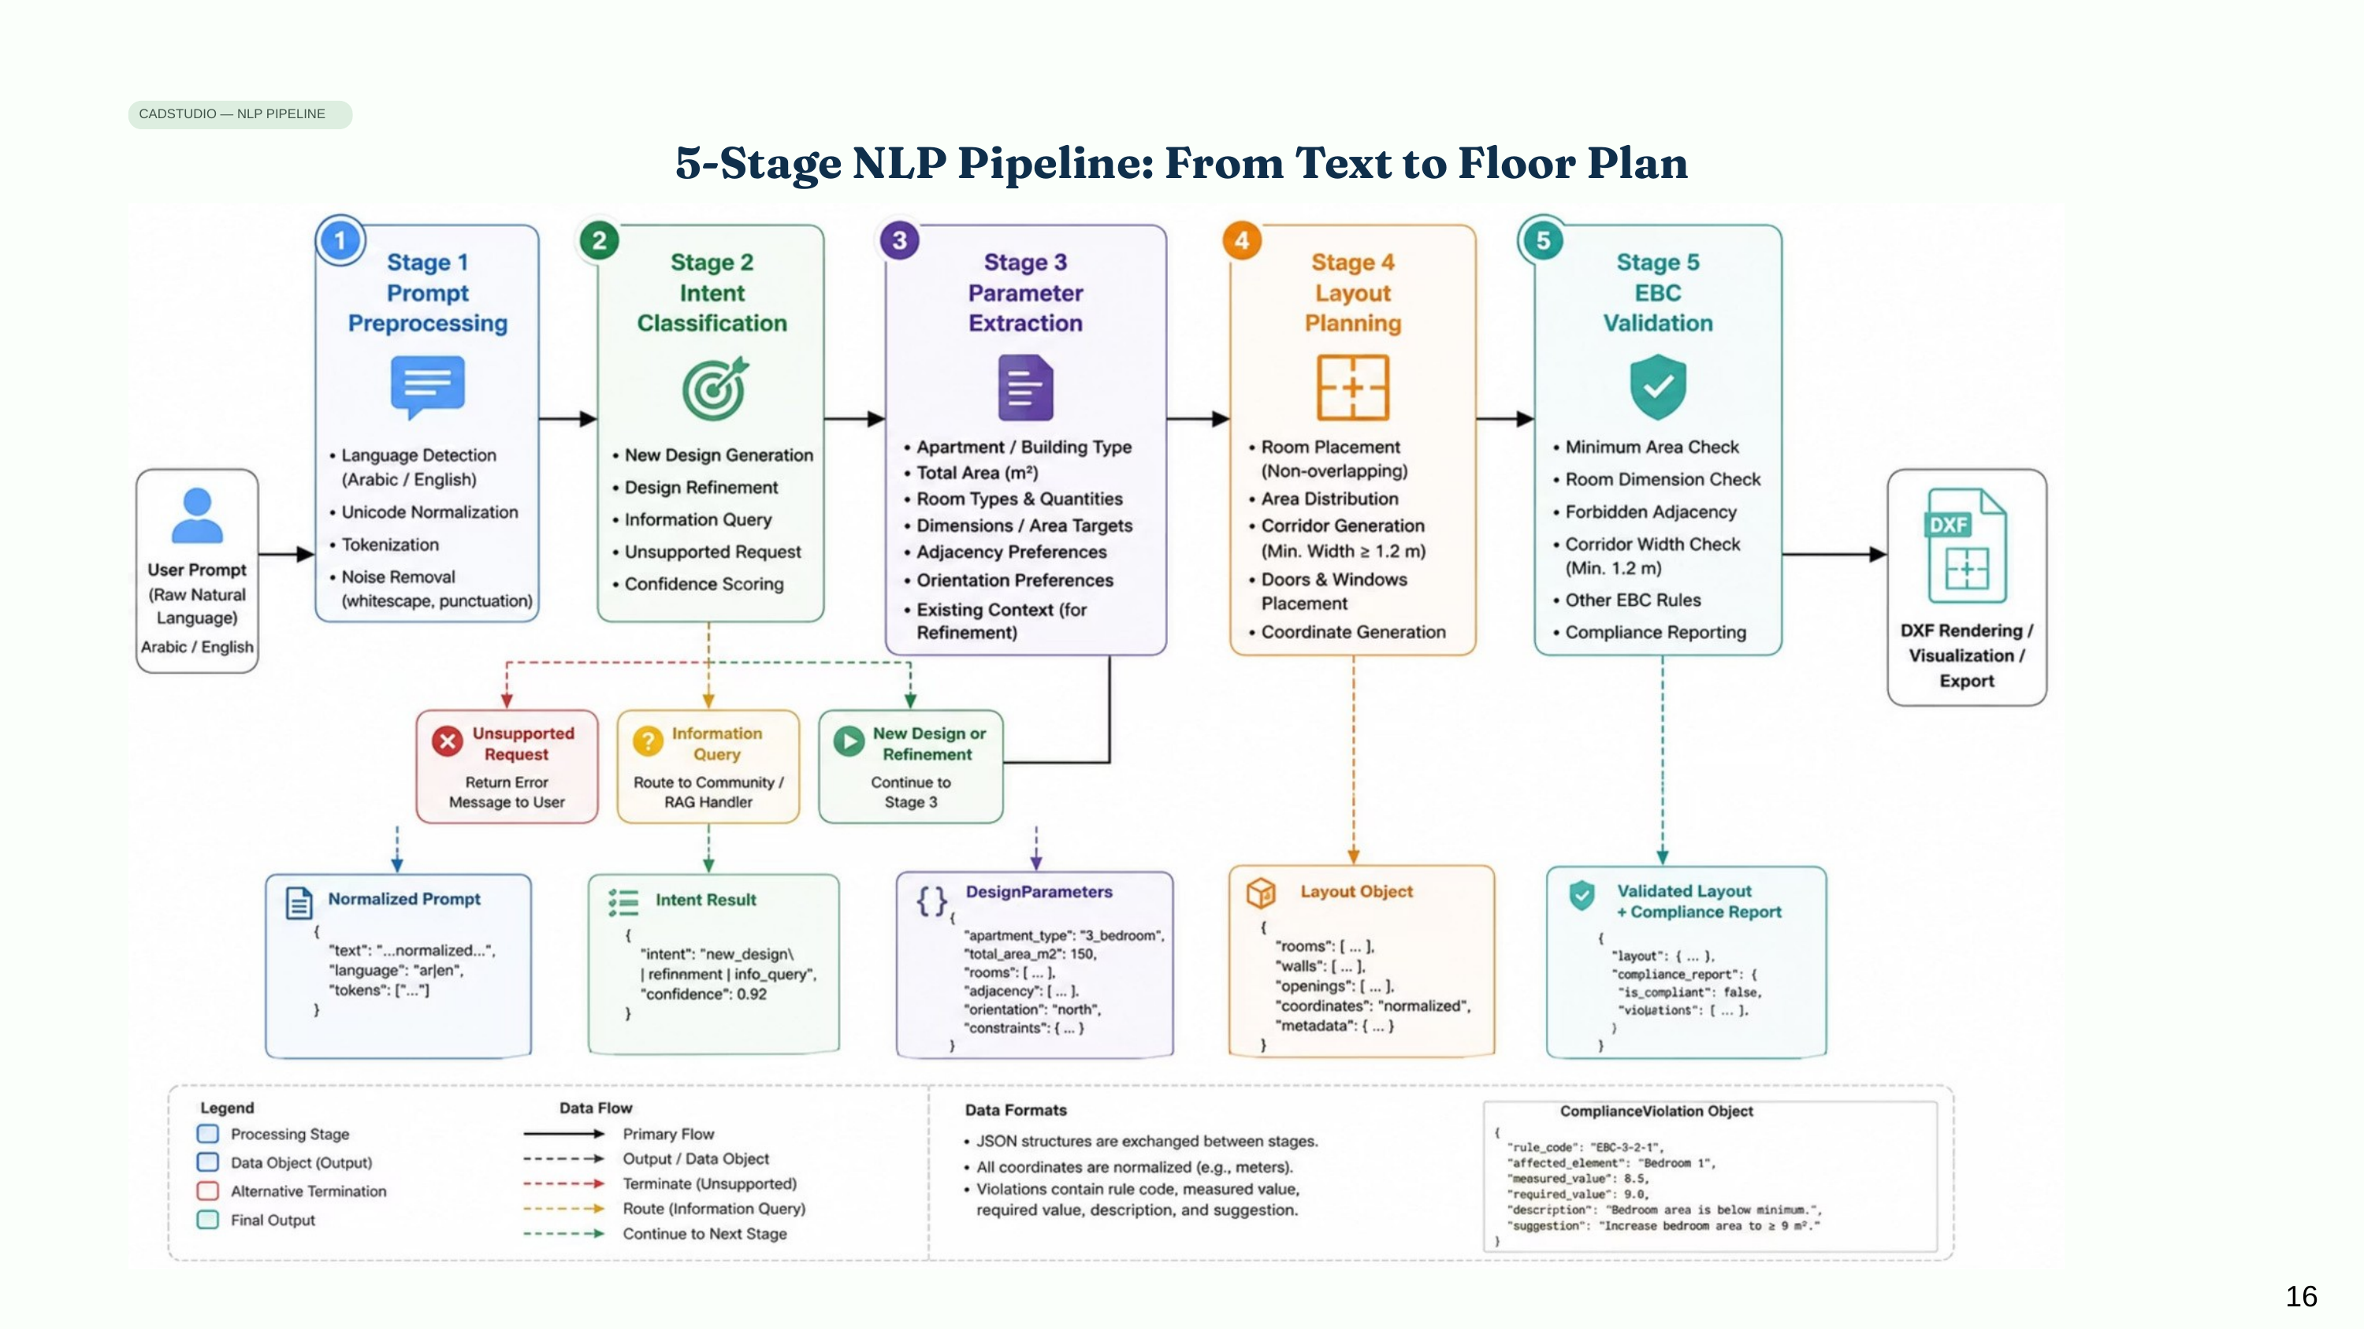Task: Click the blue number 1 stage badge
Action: pos(340,240)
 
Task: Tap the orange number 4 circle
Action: pos(1242,240)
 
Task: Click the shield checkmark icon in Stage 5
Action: pos(1657,386)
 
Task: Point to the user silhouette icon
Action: pos(197,516)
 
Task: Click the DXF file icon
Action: pos(1967,545)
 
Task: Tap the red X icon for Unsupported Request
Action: pos(448,741)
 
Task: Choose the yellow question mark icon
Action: pos(648,741)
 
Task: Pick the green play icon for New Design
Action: pos(849,741)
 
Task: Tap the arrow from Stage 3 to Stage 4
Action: pos(1198,419)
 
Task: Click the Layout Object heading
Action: pos(1356,891)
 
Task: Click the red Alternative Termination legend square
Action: pos(208,1191)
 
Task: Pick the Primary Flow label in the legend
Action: pos(668,1134)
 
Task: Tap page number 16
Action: pos(2301,1296)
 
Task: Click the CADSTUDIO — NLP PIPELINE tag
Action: pos(240,113)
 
